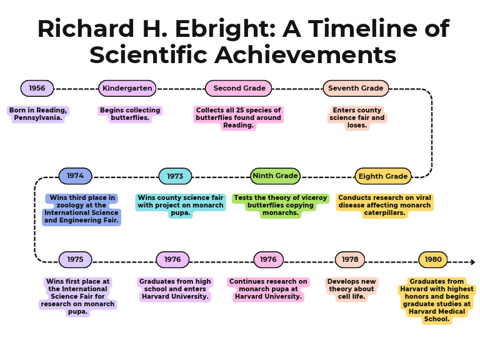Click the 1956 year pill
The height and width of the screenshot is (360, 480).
(x=37, y=88)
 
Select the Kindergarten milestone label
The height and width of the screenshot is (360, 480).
(x=127, y=88)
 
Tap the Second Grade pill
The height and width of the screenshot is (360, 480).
(x=239, y=88)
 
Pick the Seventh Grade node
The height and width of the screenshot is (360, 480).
(x=356, y=88)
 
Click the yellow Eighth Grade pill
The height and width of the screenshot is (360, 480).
(x=382, y=176)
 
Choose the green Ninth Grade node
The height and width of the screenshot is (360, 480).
(x=275, y=176)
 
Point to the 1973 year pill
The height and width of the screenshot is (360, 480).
(x=175, y=176)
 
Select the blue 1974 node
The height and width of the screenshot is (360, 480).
(x=75, y=176)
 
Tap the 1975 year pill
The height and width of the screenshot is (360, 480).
(x=75, y=259)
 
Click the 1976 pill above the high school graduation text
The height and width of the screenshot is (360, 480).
(x=172, y=259)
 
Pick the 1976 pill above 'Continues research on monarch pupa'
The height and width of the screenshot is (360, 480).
(x=268, y=259)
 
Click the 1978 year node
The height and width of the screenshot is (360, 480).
(x=350, y=259)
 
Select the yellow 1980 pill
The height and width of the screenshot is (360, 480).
(x=433, y=259)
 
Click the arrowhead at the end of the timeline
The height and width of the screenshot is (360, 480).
(x=472, y=262)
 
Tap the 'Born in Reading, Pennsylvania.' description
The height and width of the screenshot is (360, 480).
(x=38, y=114)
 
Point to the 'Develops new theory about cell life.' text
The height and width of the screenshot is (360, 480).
(x=351, y=289)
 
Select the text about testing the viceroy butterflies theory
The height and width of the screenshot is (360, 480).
(x=281, y=205)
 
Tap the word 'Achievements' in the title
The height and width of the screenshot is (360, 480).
(x=306, y=55)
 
